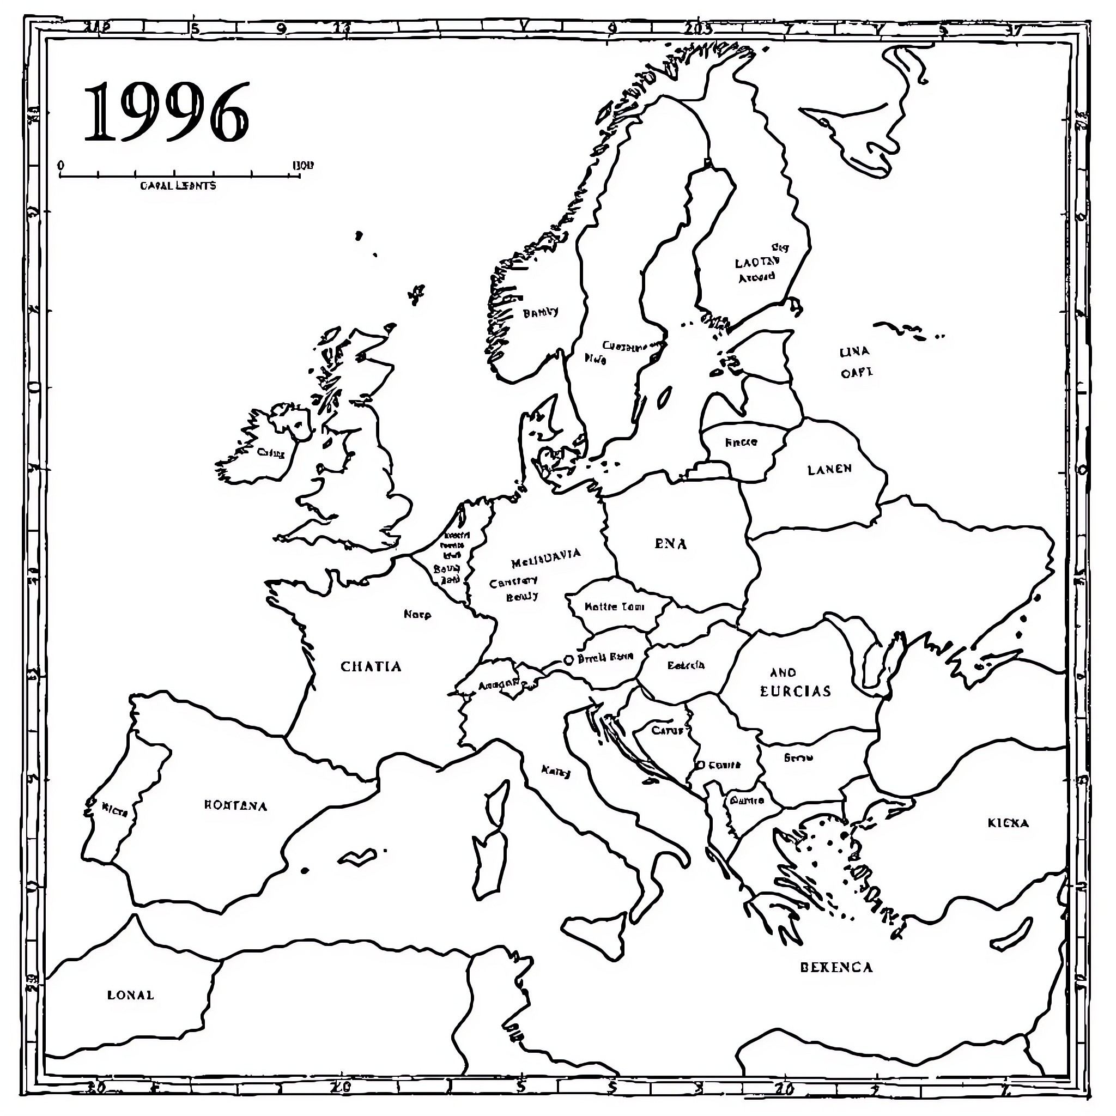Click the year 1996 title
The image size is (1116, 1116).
[166, 113]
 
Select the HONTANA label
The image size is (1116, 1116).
[235, 806]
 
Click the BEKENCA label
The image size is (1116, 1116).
[836, 967]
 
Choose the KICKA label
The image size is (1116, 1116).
[1008, 823]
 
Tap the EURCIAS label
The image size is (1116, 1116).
[796, 692]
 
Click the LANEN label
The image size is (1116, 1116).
[829, 470]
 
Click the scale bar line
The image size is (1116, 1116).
[179, 175]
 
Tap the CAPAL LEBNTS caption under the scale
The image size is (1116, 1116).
[178, 186]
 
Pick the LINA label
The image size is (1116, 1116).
[854, 352]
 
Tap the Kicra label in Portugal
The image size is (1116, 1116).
[114, 811]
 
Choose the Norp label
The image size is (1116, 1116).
[417, 615]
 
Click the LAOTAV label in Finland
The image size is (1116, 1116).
[757, 262]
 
